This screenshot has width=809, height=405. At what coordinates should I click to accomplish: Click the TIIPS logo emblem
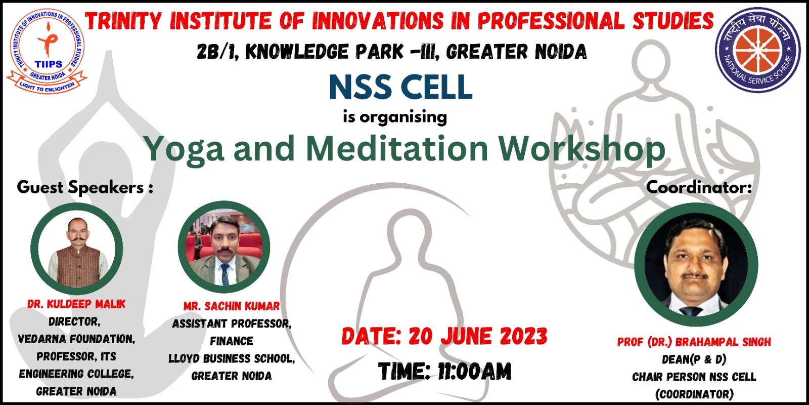(46, 51)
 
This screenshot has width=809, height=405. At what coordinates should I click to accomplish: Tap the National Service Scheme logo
(758, 50)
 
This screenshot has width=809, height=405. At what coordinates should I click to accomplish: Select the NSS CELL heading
(400, 87)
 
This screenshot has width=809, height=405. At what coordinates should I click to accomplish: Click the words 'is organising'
(395, 117)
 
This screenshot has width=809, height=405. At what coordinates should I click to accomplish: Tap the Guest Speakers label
(85, 188)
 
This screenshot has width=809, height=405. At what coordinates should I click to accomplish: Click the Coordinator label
(699, 187)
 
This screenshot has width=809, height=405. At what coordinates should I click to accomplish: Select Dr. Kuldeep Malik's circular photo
(76, 249)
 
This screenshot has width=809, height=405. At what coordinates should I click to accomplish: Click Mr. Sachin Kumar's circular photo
(224, 247)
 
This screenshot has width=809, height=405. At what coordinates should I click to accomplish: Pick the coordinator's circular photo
(696, 265)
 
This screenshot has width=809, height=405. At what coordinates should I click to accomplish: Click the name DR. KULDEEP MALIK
(76, 304)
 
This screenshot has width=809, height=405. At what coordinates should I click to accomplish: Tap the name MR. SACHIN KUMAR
(232, 306)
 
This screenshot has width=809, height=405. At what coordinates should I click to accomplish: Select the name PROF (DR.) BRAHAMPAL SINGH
(694, 342)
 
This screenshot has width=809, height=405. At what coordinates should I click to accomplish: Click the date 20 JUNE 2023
(478, 336)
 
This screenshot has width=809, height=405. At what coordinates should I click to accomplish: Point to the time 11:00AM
(475, 371)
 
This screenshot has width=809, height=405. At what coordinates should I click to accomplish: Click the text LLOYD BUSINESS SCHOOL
(231, 358)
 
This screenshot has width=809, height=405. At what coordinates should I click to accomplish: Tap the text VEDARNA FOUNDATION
(76, 339)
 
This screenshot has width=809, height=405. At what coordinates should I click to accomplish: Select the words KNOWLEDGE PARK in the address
(324, 52)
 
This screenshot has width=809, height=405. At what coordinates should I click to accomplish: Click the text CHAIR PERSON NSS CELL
(694, 377)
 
